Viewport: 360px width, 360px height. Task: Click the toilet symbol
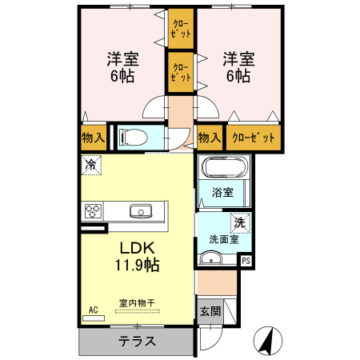(134, 137)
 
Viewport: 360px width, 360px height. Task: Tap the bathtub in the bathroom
(225, 167)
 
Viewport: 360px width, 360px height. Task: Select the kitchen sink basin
(141, 211)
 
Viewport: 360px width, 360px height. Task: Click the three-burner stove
(93, 211)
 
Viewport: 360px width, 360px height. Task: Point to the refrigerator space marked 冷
(91, 165)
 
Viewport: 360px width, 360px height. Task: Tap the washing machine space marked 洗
(241, 223)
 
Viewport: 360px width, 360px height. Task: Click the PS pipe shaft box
(246, 261)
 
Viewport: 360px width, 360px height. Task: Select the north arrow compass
(268, 341)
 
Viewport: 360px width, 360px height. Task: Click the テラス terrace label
(137, 341)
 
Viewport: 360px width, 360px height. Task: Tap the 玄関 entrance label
(210, 311)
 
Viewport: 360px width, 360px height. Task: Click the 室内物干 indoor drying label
(137, 303)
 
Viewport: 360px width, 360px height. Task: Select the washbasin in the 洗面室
(211, 258)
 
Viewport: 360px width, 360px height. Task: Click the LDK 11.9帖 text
(137, 257)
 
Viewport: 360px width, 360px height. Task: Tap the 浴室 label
(222, 192)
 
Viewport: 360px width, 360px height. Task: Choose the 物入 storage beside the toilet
(94, 138)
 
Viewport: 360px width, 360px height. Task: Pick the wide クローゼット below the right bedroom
(254, 138)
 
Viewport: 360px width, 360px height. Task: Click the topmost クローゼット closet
(181, 29)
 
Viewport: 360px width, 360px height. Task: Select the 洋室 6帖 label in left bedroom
(122, 67)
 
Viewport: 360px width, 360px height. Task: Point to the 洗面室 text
(224, 239)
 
